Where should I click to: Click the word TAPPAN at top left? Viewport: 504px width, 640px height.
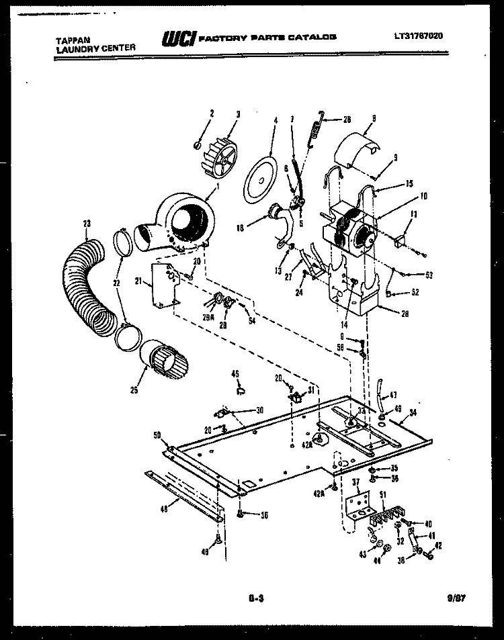point(72,39)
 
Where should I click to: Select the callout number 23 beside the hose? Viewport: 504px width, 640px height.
point(87,224)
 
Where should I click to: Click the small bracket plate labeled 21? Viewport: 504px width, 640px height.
point(164,285)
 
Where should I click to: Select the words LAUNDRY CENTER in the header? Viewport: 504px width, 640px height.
point(95,48)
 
